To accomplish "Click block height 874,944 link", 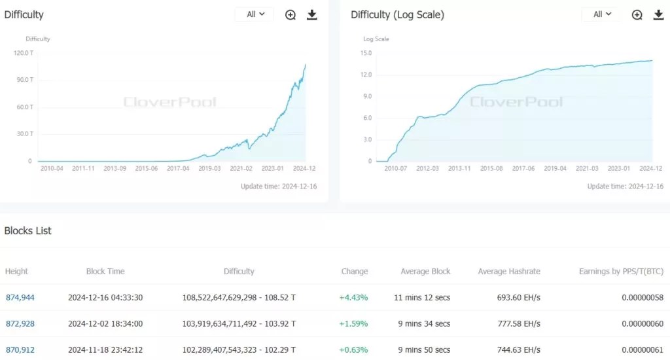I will tap(20, 298).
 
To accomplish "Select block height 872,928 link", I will tap(20, 324).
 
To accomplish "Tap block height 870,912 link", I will tap(20, 350).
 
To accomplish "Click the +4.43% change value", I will tap(353, 298).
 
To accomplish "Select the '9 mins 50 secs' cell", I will tap(425, 350).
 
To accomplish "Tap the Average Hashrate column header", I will tap(509, 272).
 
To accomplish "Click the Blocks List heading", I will tap(28, 231).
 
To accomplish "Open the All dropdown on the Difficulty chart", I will tap(255, 14).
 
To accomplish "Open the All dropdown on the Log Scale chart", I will tap(601, 14).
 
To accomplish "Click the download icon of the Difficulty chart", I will tap(312, 14).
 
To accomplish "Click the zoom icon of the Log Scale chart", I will tap(637, 14).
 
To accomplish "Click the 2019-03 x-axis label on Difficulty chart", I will tap(209, 168).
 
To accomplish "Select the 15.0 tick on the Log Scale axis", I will tap(365, 53).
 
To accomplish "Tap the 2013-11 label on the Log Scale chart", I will tap(459, 168).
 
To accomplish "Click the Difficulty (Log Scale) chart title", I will tap(397, 14).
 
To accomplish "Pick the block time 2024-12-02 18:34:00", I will tap(105, 324).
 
